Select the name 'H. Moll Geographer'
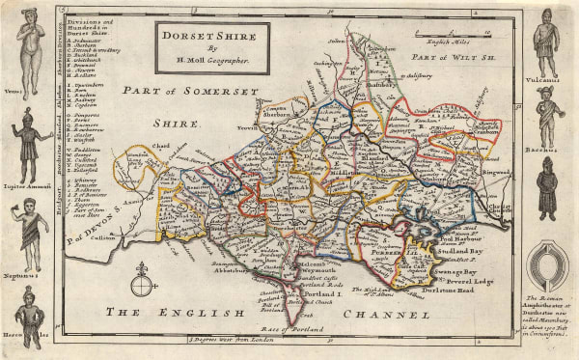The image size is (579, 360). pos(207,61)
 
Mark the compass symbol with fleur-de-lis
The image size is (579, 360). pos(143,281)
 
